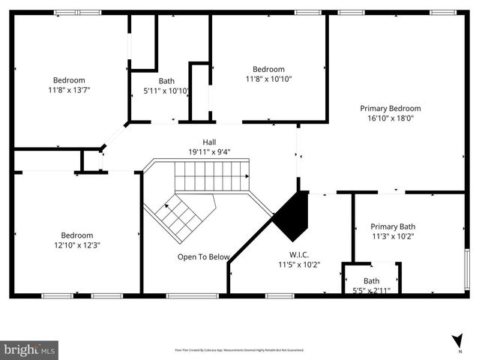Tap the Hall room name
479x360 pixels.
(210, 142)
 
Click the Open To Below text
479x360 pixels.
(203, 257)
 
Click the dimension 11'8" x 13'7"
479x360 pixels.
(68, 90)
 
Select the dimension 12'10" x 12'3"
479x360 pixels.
(76, 244)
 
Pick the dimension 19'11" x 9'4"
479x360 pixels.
(210, 151)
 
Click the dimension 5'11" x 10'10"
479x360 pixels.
(166, 91)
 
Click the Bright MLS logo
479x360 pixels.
(29, 349)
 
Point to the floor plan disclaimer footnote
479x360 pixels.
(239, 350)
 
